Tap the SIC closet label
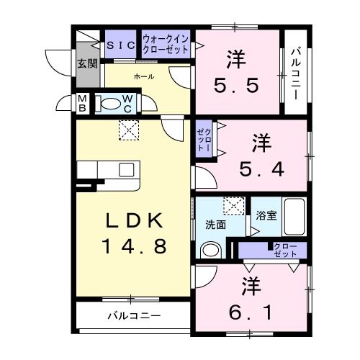(121, 45)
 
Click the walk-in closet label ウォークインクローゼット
(166, 45)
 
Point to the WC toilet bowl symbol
(110, 104)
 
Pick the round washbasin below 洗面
(210, 251)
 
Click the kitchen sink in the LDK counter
(125, 170)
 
